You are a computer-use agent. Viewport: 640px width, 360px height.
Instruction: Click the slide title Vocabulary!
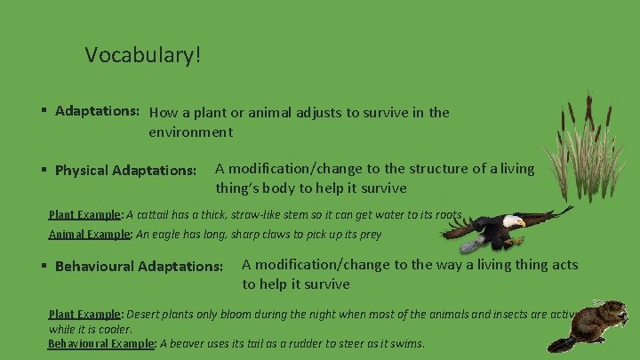[143, 55]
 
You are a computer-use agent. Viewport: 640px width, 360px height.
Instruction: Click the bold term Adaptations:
[96, 112]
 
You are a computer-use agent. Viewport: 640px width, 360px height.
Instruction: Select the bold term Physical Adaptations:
[125, 170]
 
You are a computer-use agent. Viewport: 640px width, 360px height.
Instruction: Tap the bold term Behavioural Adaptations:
[139, 266]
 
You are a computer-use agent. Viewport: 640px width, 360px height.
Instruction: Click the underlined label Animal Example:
[89, 235]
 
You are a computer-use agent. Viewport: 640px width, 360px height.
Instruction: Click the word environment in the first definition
[190, 132]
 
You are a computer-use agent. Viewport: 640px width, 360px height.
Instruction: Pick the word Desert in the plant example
[144, 314]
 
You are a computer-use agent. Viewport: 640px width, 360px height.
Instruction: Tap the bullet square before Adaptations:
[44, 112]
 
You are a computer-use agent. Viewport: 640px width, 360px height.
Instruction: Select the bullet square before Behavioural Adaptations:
[44, 266]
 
